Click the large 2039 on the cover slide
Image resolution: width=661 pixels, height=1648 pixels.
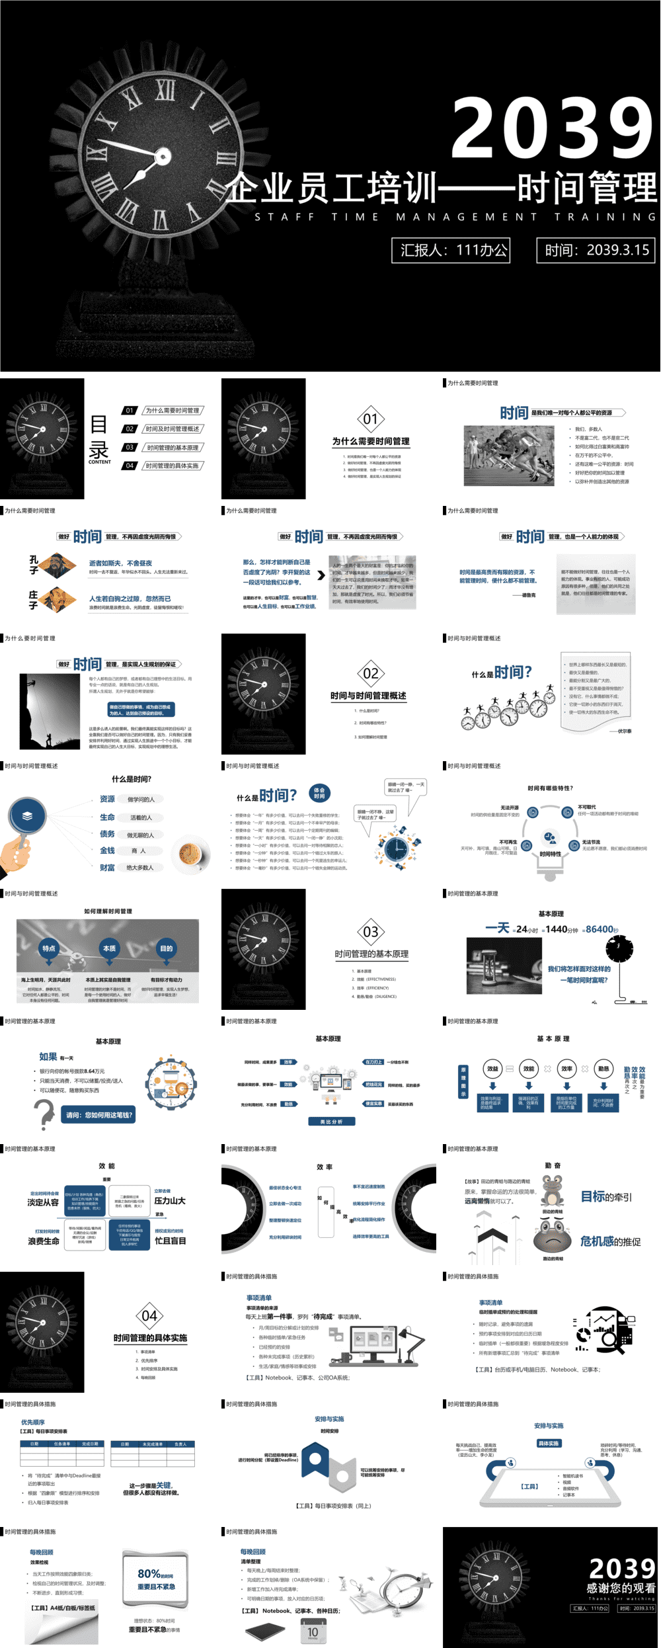click(x=552, y=128)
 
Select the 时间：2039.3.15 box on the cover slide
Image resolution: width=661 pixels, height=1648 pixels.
click(x=596, y=250)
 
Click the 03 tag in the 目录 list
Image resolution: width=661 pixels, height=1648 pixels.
click(x=130, y=447)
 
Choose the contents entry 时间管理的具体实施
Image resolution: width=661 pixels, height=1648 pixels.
click(x=173, y=466)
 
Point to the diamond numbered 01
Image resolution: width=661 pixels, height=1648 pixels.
click(x=370, y=419)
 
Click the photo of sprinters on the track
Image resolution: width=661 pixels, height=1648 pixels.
click(x=509, y=456)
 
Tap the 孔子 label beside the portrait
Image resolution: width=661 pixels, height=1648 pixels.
click(x=34, y=564)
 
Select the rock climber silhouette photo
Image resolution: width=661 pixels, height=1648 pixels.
click(x=50, y=711)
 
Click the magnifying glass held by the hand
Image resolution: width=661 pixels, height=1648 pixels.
click(x=26, y=817)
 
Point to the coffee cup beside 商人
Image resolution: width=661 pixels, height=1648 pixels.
click(x=190, y=854)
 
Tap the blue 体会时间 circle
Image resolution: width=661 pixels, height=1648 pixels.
click(x=319, y=792)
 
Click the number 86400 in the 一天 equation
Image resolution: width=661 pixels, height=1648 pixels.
click(x=599, y=929)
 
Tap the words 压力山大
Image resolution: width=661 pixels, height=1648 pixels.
click(x=170, y=1200)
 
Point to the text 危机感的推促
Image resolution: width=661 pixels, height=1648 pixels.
click(x=610, y=1241)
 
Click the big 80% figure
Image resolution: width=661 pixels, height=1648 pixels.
click(x=149, y=1573)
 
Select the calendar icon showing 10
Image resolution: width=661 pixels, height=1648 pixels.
click(x=313, y=1631)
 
